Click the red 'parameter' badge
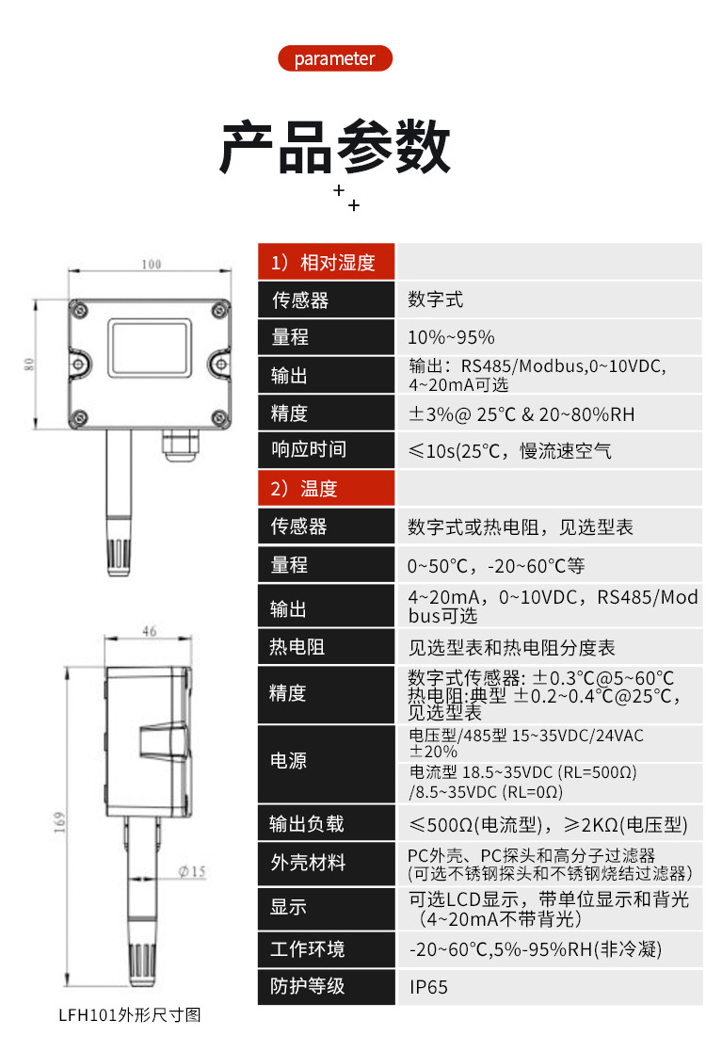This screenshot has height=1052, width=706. tap(334, 58)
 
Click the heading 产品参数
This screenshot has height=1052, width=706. tap(334, 148)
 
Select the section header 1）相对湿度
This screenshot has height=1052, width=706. tap(326, 263)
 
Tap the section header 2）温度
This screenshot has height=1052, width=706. tap(326, 489)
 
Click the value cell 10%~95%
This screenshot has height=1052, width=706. tap(451, 337)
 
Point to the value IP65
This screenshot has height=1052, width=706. tap(428, 987)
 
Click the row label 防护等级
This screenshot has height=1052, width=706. tap(308, 986)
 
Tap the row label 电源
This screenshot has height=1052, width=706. tap(288, 760)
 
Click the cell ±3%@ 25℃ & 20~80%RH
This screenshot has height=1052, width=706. tap(521, 413)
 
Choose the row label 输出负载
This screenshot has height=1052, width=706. tap(307, 824)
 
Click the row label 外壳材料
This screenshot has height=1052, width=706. tap(308, 863)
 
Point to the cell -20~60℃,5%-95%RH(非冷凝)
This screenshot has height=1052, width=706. tap(535, 949)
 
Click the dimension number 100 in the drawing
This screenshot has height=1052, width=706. tap(151, 264)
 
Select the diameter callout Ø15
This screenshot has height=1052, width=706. tap(191, 872)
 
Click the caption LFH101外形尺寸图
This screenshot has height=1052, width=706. tap(130, 1015)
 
